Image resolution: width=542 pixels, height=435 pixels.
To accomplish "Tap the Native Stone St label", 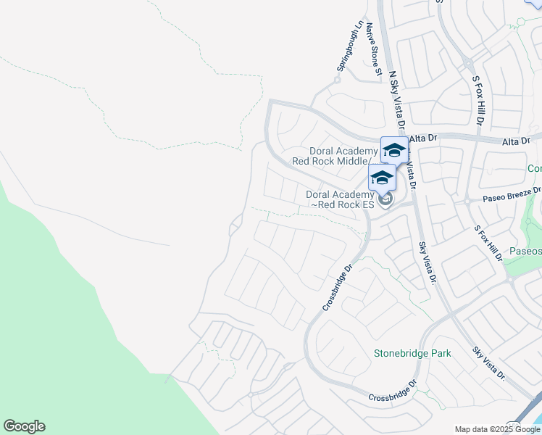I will [x=373, y=49].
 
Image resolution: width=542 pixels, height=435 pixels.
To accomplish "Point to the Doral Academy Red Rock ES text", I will [x=340, y=199].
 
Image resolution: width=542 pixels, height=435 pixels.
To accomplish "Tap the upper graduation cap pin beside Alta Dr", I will [x=394, y=150].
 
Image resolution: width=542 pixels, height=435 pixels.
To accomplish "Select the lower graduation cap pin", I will [x=382, y=178].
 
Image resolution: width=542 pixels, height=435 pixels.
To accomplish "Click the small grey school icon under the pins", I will [x=385, y=199].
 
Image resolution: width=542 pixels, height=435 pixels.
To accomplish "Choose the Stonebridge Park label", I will [x=412, y=353].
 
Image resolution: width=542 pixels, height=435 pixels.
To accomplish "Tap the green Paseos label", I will [x=526, y=251].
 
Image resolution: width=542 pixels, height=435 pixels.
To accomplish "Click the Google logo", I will [x=24, y=426].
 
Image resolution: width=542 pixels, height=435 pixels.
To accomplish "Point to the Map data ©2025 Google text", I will [x=497, y=429].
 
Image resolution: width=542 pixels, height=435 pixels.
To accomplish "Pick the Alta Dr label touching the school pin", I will [x=425, y=138].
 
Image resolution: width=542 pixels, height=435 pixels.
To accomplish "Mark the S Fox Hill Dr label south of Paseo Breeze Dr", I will [x=488, y=243].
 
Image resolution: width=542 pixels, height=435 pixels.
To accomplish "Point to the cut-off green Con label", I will [x=534, y=168].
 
